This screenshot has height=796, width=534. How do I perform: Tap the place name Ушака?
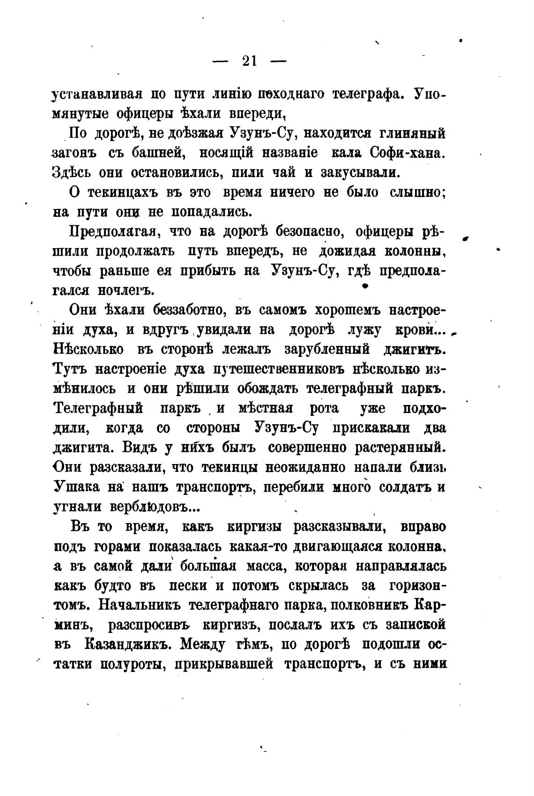(75, 487)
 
